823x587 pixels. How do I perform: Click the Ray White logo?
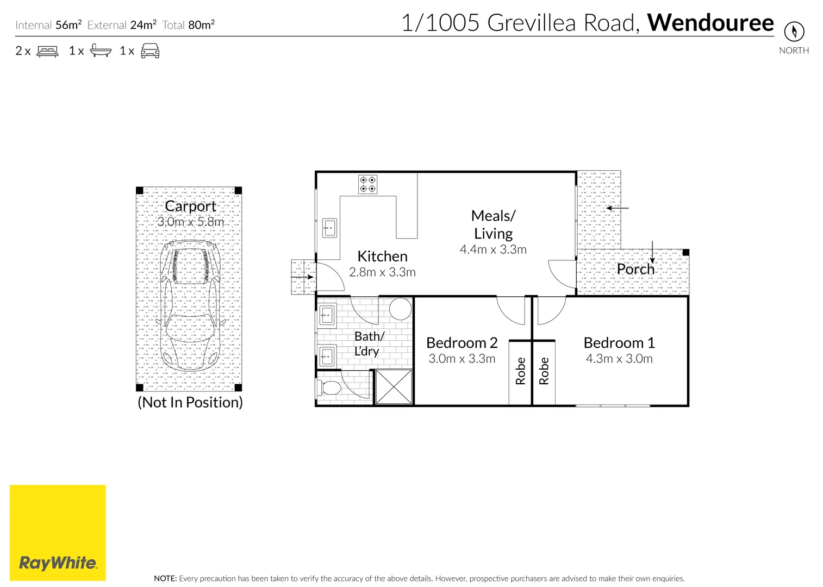pyautogui.click(x=58, y=533)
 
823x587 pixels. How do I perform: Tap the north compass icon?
pyautogui.click(x=794, y=31)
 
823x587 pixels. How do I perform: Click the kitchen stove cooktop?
pyautogui.click(x=368, y=185)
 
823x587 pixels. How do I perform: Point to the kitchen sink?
pyautogui.click(x=329, y=228)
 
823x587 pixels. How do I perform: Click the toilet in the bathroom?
pyautogui.click(x=328, y=389)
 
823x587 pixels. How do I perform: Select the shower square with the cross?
pyautogui.click(x=394, y=386)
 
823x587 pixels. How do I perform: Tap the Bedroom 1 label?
pyautogui.click(x=619, y=343)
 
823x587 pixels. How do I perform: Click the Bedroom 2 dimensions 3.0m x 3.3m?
pyautogui.click(x=462, y=359)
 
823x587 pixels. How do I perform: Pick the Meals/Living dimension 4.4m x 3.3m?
pyautogui.click(x=493, y=249)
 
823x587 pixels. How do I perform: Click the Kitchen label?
pyautogui.click(x=382, y=257)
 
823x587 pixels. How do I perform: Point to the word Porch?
pyautogui.click(x=635, y=269)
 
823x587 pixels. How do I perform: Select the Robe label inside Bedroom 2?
pyautogui.click(x=521, y=371)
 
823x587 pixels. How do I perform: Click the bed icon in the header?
pyautogui.click(x=47, y=51)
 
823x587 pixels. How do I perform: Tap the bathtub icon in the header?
pyautogui.click(x=101, y=51)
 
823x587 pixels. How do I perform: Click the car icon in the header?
pyautogui.click(x=150, y=51)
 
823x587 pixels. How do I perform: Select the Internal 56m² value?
pyautogui.click(x=68, y=25)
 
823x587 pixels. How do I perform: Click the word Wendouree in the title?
pyautogui.click(x=710, y=23)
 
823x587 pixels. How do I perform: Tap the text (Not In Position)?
pyautogui.click(x=190, y=402)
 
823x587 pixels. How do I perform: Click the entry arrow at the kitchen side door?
pyautogui.click(x=302, y=277)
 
